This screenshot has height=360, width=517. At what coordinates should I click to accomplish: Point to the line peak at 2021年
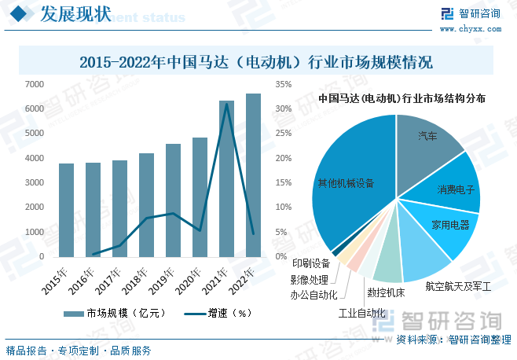pyautogui.click(x=226, y=104)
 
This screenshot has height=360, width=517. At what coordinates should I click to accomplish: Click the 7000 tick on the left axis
pyautogui.click(x=34, y=84)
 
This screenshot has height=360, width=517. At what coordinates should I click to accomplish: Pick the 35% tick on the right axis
pyautogui.click(x=284, y=84)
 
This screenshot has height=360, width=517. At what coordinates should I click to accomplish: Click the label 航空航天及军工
pyautogui.click(x=457, y=287)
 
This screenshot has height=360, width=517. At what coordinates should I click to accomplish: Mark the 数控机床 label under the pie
pyautogui.click(x=386, y=292)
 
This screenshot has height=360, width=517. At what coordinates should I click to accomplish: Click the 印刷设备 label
pyautogui.click(x=310, y=263)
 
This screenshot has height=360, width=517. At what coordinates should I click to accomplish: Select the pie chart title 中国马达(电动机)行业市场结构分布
pyautogui.click(x=401, y=99)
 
